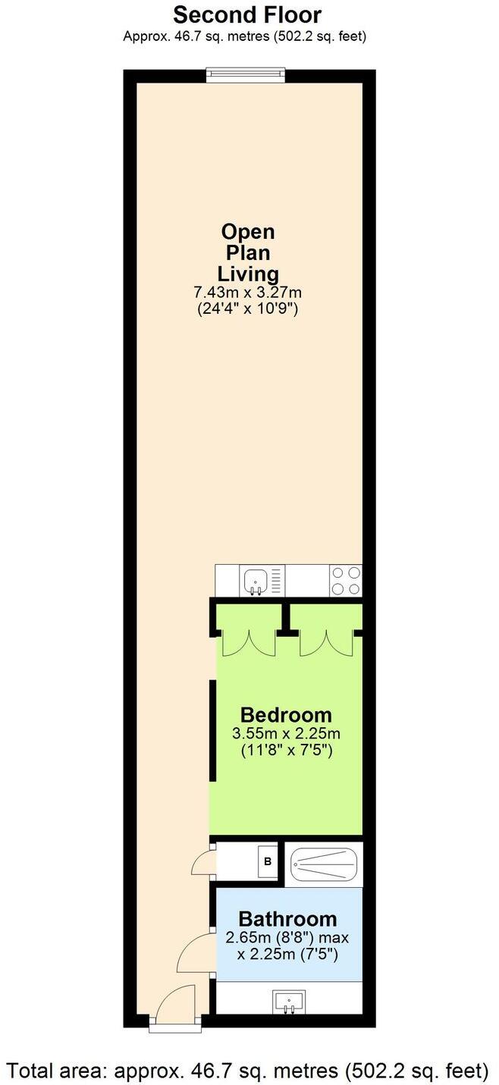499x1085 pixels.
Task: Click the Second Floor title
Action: click(247, 14)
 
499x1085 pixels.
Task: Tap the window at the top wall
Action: click(246, 75)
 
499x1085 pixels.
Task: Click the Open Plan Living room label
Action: click(248, 252)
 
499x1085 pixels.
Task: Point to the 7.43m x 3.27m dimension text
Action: click(248, 292)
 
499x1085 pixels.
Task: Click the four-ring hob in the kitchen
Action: click(346, 582)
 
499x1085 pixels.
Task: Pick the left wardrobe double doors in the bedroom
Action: click(247, 643)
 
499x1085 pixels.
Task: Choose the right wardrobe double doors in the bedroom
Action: click(326, 643)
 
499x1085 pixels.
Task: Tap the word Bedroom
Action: click(286, 714)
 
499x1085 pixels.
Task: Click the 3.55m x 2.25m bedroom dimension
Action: click(286, 733)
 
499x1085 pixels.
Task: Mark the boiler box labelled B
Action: click(267, 861)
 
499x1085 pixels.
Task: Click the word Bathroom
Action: click(288, 919)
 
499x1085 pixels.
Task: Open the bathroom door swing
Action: click(196, 954)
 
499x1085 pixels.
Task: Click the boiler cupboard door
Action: click(203, 863)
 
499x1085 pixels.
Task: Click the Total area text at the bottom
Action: click(249, 1071)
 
